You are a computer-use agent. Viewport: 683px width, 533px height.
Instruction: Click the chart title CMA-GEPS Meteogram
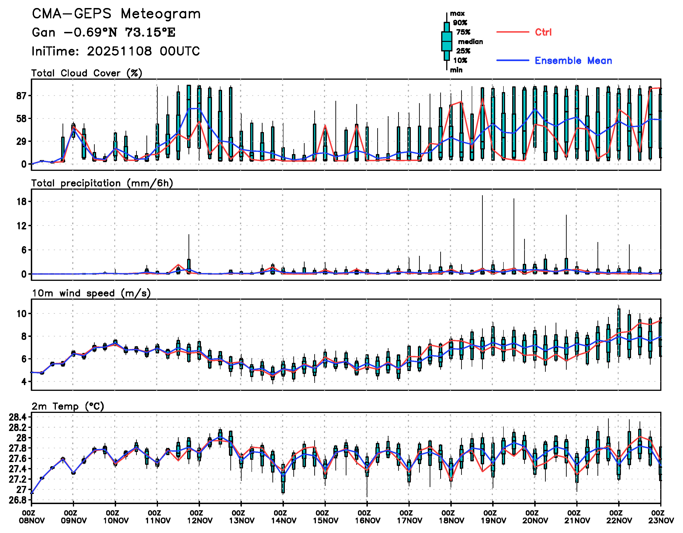(x=116, y=14)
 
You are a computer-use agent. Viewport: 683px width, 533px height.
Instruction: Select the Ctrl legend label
(x=543, y=32)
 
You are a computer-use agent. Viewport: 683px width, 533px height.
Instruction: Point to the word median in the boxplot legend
(x=470, y=42)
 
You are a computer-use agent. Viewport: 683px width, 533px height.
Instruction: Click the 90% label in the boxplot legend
(x=460, y=23)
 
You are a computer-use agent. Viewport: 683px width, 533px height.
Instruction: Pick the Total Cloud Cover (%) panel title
(x=87, y=73)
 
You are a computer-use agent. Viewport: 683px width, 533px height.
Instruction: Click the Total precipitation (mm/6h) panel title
(x=102, y=183)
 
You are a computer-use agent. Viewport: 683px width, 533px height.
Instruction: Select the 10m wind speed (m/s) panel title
(x=91, y=293)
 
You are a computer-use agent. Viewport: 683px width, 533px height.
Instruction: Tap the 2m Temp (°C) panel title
(x=68, y=406)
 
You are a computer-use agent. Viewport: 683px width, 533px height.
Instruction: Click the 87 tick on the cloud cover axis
(x=22, y=96)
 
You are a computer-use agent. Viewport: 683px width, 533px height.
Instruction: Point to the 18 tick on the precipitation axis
(x=22, y=202)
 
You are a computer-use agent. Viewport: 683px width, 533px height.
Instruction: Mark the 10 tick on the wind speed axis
(x=22, y=314)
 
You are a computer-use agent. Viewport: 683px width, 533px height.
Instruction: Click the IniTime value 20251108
(x=119, y=51)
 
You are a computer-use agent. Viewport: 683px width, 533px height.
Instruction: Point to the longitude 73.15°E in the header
(x=150, y=32)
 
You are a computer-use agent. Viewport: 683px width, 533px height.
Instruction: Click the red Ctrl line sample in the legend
(x=512, y=32)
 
